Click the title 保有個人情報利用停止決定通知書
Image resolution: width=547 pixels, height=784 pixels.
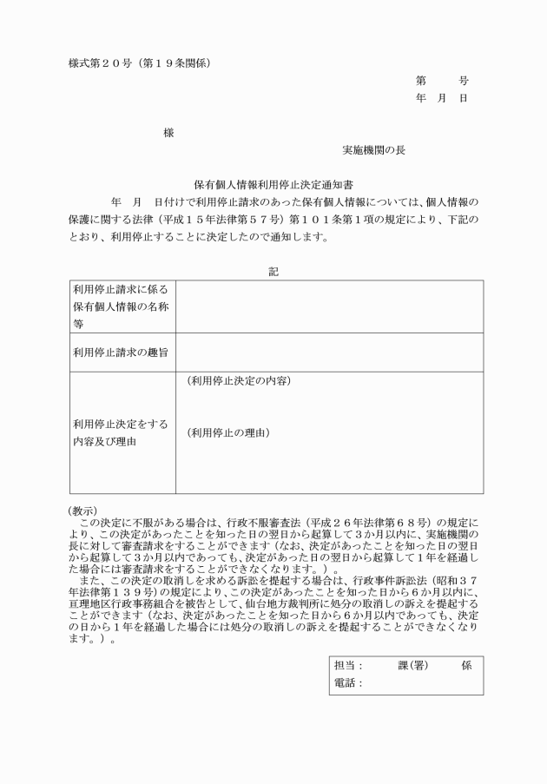click(x=273, y=184)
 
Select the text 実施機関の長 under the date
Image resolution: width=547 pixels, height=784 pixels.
click(x=373, y=150)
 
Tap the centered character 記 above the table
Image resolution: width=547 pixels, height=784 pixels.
click(x=273, y=272)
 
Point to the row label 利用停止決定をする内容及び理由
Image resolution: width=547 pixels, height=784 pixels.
click(x=121, y=432)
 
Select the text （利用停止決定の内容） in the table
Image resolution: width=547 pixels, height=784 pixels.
click(x=238, y=382)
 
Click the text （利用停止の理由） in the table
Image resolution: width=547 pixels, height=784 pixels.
click(x=228, y=432)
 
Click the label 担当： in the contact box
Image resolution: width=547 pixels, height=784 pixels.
click(x=348, y=665)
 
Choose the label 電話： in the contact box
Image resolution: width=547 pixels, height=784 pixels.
click(x=348, y=683)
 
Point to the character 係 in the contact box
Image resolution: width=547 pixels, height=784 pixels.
click(x=466, y=665)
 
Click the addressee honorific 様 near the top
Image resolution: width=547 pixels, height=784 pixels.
click(x=168, y=133)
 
